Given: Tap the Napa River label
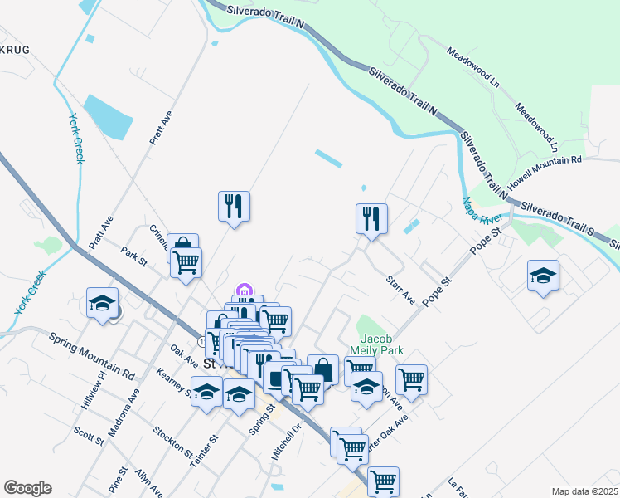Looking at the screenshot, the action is (478, 216).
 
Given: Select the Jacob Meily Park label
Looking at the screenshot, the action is (381, 344).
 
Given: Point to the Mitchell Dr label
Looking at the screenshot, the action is (285, 445).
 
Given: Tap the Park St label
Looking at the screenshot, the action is (133, 256).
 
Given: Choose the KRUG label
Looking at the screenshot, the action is (14, 51).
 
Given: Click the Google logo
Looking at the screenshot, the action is (27, 488).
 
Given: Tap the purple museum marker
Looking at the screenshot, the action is (244, 290).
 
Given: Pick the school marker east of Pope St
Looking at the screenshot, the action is (543, 276).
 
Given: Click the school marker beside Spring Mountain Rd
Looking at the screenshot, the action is (103, 303).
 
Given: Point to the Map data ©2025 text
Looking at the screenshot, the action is (584, 491).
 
